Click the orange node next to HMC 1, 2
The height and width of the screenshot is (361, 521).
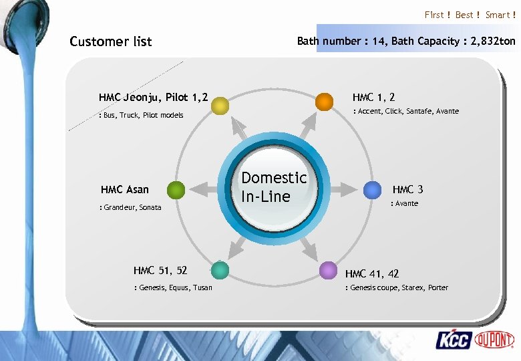[x=324, y=101]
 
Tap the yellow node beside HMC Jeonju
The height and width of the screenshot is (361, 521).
[x=220, y=105]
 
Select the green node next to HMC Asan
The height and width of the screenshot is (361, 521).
[x=176, y=191]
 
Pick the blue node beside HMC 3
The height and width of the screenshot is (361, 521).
[x=372, y=191]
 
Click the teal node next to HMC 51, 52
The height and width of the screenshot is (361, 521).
[x=219, y=270]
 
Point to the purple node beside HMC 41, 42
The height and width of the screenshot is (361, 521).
[x=327, y=270]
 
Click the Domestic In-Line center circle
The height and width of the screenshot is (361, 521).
[x=274, y=187]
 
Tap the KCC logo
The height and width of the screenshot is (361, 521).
[x=454, y=340]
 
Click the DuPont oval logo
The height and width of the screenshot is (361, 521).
[x=495, y=340]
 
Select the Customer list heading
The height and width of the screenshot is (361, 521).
[x=111, y=41]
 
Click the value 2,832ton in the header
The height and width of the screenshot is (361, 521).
[x=493, y=41]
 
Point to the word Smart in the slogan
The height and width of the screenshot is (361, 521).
[x=497, y=15]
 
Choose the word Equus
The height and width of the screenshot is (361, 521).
[x=180, y=287]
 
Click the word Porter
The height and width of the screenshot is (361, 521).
[x=438, y=287]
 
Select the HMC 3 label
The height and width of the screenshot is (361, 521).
[x=407, y=190]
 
